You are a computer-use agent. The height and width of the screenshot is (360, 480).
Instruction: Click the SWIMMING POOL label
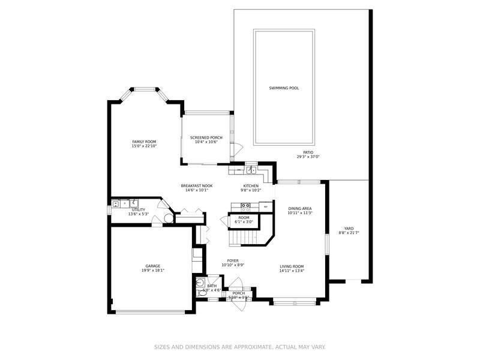point(284,88)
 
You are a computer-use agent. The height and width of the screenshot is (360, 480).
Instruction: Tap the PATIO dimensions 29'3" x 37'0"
point(308,157)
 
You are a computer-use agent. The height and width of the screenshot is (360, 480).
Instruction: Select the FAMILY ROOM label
point(144,142)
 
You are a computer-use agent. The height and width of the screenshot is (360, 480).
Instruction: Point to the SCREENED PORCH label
point(206,137)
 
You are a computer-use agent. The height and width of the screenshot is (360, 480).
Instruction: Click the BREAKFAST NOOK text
point(197,186)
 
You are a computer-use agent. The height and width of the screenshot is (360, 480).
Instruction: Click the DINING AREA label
point(300,208)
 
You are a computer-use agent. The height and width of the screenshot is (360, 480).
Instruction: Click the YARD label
point(349,228)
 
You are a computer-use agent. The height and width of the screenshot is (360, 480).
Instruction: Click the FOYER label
point(233,261)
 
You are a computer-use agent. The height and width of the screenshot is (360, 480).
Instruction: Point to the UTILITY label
point(139,210)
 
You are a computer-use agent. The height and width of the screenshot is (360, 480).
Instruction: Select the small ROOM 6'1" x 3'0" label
point(244,218)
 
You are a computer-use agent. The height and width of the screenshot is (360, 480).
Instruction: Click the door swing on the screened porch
point(238,148)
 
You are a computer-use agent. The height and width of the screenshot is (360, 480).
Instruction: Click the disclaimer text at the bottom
point(239,347)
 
